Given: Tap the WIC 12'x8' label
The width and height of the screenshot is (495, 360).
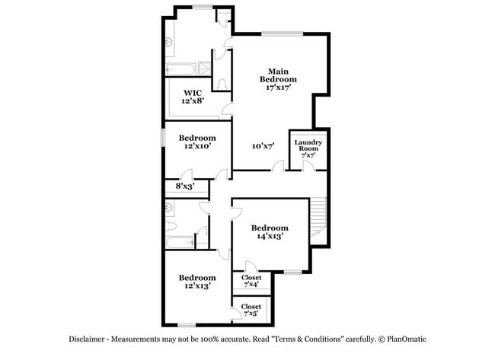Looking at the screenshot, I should (x=192, y=96).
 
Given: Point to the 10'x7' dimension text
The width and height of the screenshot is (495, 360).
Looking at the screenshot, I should (x=263, y=146).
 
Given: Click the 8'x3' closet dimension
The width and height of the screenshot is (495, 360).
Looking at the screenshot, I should (x=185, y=186).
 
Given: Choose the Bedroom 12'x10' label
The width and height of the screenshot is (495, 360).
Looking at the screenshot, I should (x=196, y=142).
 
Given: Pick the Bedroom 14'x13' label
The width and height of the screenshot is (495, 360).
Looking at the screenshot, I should (x=270, y=232).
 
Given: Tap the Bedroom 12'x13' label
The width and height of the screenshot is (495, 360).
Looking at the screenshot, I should (x=196, y=282).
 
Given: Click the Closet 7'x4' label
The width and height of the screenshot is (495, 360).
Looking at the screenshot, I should (x=251, y=282).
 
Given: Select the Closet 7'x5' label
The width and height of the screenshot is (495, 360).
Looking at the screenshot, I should (x=251, y=310).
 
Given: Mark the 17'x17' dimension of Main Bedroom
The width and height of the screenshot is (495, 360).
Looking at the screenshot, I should (x=278, y=88).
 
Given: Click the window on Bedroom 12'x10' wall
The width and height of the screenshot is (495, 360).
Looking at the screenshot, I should (x=163, y=137).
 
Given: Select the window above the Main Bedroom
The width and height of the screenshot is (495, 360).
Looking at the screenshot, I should (x=283, y=33).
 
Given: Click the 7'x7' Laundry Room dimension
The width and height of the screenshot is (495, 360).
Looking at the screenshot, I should (x=308, y=155).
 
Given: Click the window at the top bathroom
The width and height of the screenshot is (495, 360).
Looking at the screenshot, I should (x=202, y=7).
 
